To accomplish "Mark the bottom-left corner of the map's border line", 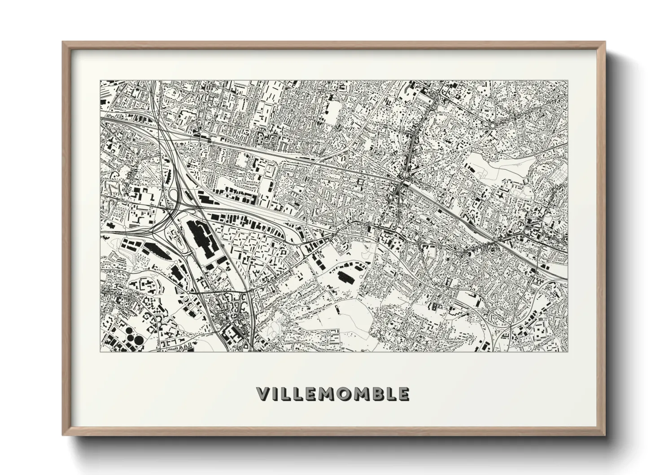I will [x=100, y=351].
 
